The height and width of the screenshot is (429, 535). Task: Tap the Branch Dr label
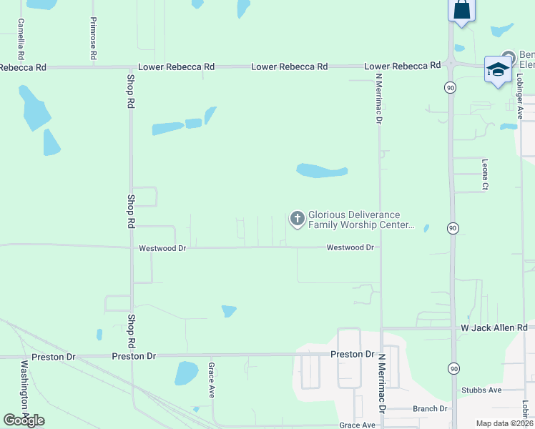point(430,408)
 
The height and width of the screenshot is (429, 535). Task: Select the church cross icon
point(297,219)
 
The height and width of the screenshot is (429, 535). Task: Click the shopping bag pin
point(461,10)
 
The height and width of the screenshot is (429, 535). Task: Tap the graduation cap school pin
point(497,69)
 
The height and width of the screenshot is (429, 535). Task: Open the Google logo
point(24,420)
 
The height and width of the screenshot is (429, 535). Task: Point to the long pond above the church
point(322,171)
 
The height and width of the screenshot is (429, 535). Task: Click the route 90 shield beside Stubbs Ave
point(454,368)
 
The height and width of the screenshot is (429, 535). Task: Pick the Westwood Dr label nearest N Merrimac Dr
point(350,247)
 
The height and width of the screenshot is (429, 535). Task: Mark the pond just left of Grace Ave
point(186,373)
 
